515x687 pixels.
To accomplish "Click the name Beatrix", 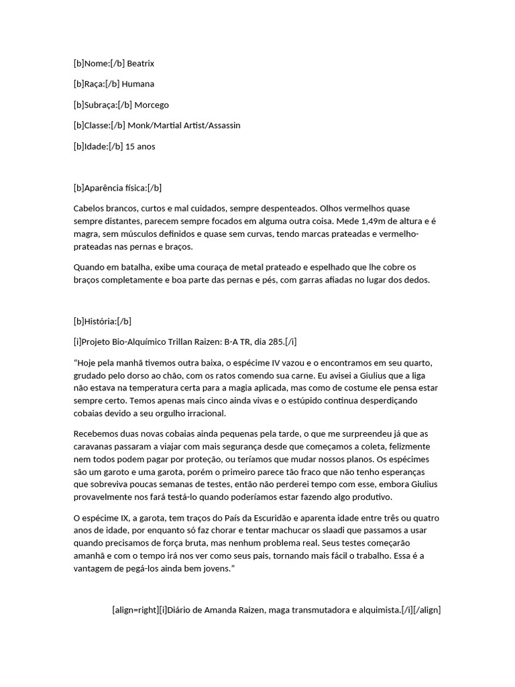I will point(141,64).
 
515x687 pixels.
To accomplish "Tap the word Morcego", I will point(152,105).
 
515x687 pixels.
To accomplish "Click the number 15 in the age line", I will point(131,146).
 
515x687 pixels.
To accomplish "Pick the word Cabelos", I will point(89,209).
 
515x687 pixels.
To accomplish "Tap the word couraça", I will point(207,267).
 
